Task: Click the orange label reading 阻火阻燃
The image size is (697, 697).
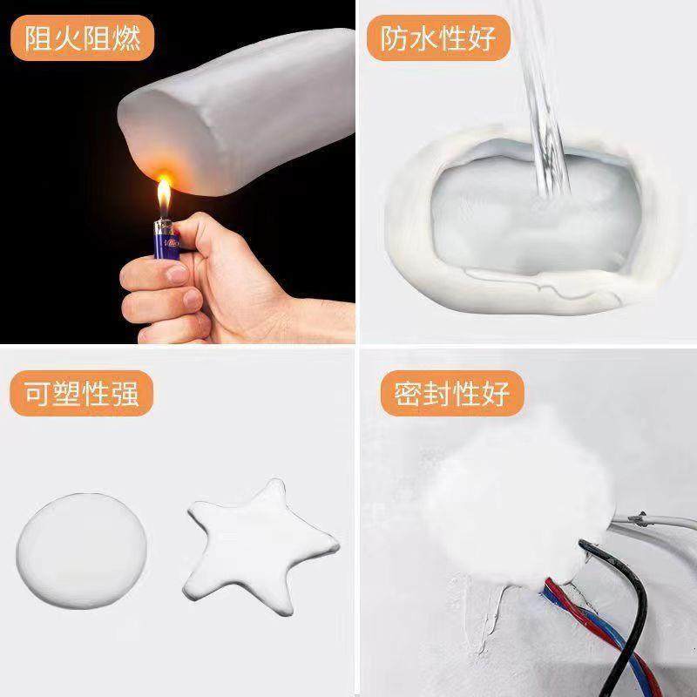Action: tap(83, 40)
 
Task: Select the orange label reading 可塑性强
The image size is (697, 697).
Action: tap(83, 393)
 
